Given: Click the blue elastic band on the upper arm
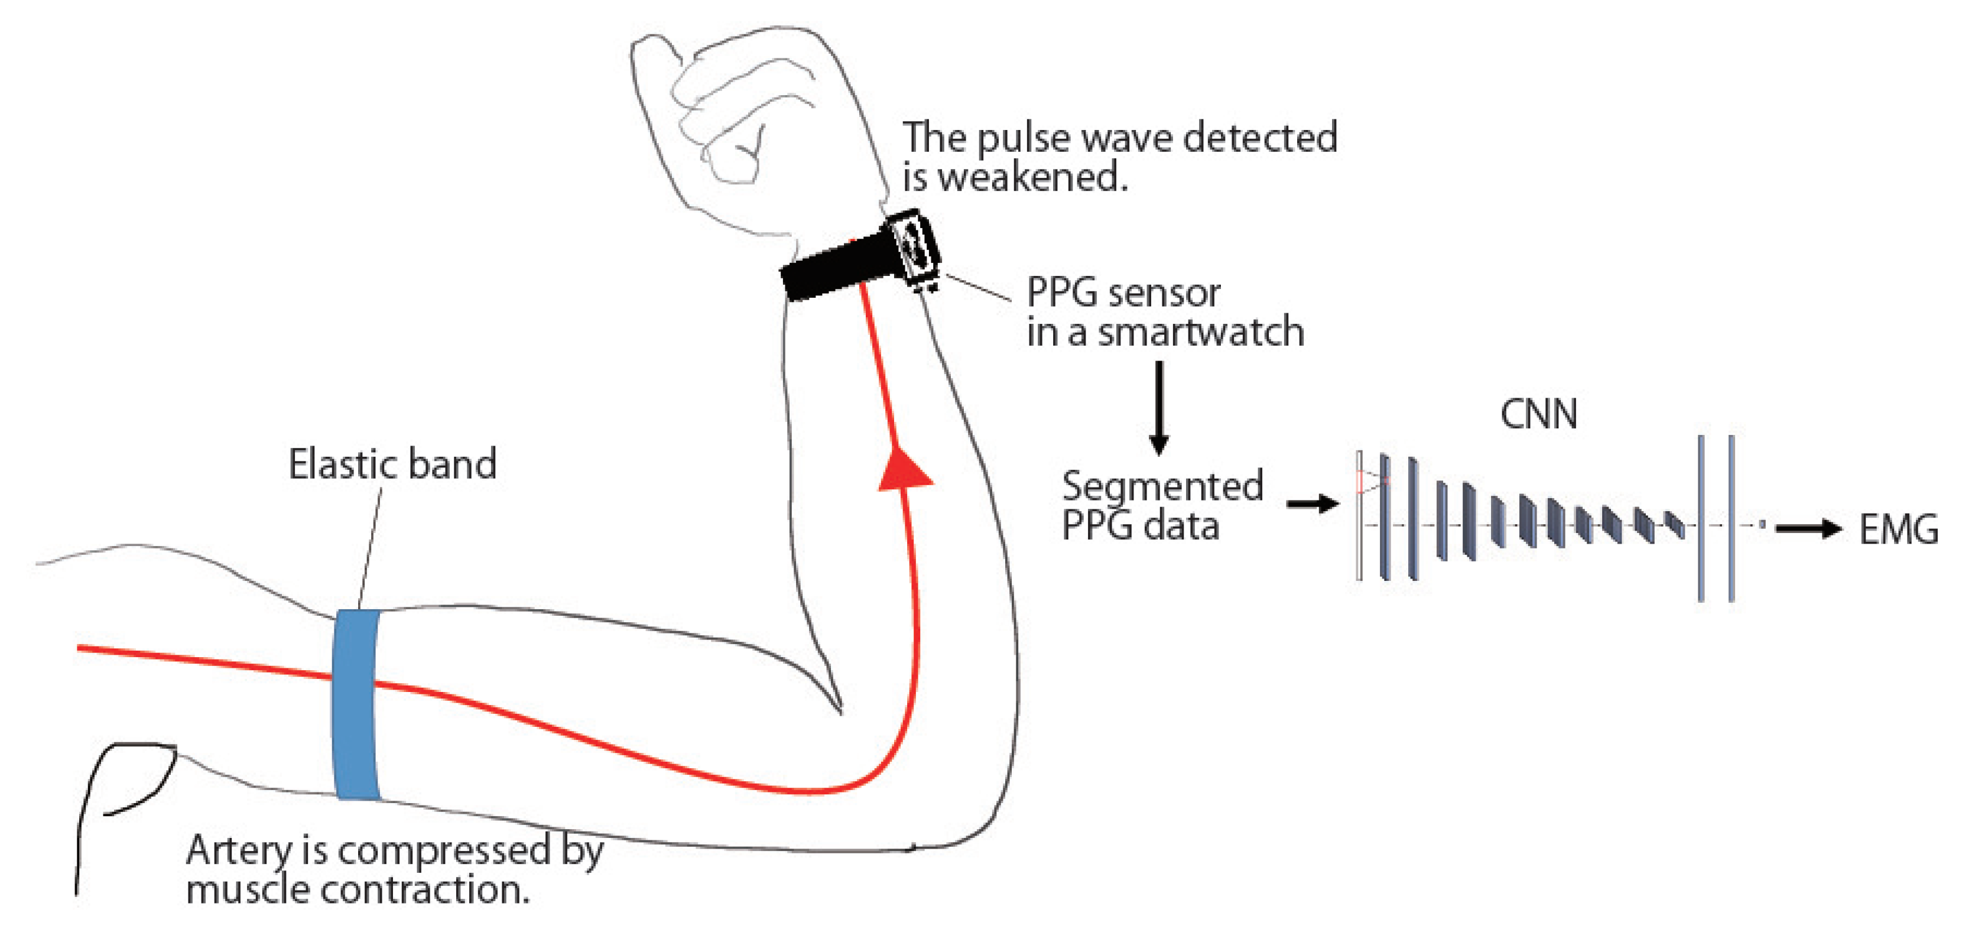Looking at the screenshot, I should coord(355,704).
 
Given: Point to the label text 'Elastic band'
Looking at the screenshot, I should coord(392,464).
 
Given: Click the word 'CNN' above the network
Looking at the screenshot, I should coord(1538,415).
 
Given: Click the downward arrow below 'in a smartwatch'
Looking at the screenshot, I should coord(1158,407).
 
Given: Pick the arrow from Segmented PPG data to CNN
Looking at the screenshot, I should coord(1311,503).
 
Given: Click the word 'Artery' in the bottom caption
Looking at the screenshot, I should coord(238,850).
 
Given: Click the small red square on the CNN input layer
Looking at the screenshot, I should coord(1360,481).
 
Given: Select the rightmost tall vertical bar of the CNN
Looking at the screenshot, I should coord(1731,518).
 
